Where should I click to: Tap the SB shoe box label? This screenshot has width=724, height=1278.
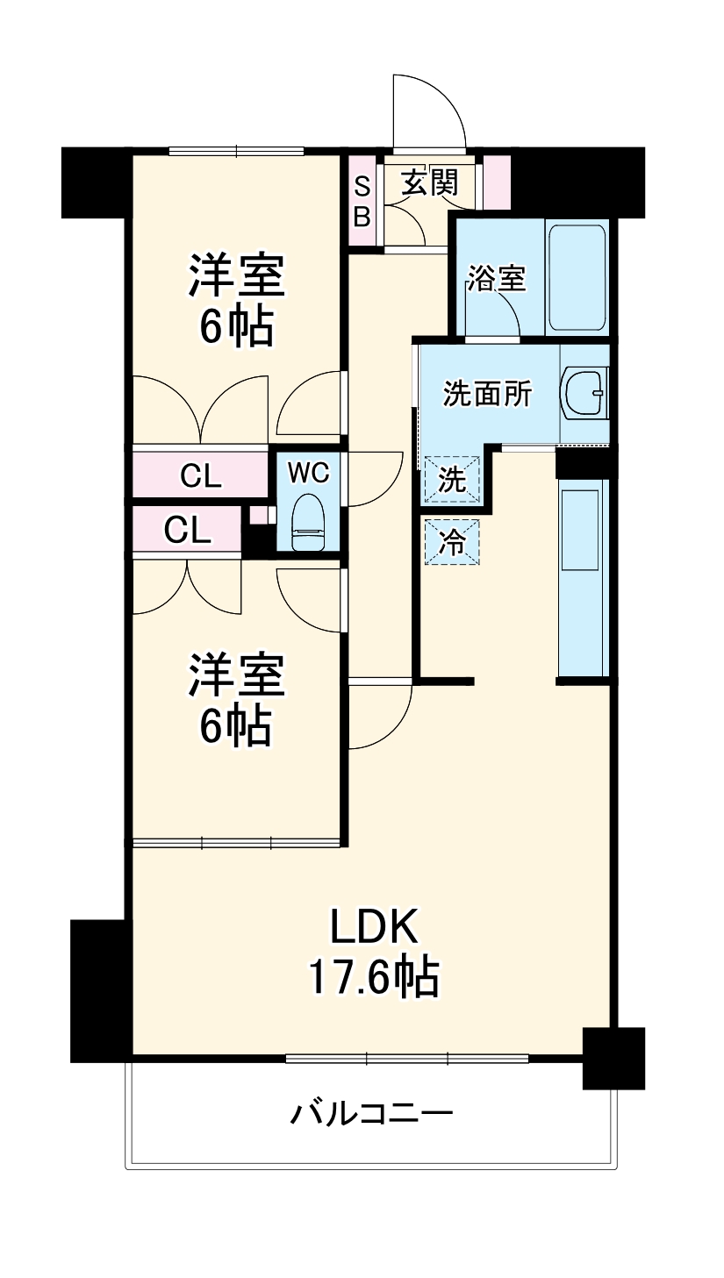point(362,203)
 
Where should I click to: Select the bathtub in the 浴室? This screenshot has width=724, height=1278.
point(577,278)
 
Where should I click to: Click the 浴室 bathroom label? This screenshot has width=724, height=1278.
point(496,279)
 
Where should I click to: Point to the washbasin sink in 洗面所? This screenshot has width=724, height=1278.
point(584,393)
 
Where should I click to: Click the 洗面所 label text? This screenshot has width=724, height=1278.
point(487,394)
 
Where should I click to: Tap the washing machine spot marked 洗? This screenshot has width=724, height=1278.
point(451,480)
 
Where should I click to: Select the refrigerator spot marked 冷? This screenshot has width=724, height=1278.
point(452,541)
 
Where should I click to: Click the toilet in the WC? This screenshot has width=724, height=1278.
point(307,523)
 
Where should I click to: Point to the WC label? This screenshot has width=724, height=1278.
point(307,473)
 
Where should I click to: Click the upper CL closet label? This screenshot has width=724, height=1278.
point(201,475)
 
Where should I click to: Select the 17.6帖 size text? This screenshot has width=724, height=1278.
point(373,976)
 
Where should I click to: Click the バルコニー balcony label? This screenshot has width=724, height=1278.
point(372,1115)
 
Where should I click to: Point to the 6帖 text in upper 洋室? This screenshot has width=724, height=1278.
point(235,326)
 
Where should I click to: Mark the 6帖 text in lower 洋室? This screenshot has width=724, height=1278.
point(235,725)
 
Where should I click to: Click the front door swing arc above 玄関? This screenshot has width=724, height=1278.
point(430,110)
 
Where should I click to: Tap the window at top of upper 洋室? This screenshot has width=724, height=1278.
point(236,150)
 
